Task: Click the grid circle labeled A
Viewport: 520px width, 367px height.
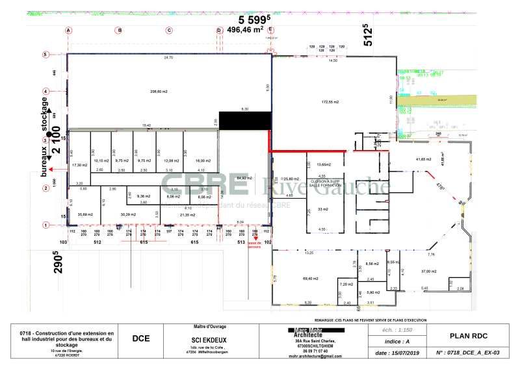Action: (68, 31)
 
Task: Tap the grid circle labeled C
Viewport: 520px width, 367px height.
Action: (168, 31)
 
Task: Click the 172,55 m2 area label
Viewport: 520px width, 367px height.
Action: (331, 103)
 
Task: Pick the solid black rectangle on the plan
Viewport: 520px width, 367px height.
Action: (244, 121)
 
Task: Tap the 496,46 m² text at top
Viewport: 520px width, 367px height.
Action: (245, 29)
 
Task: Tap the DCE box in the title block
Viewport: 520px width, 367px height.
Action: (141, 338)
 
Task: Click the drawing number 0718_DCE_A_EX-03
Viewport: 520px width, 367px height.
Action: (467, 353)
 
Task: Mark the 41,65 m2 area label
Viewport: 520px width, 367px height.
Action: (424, 159)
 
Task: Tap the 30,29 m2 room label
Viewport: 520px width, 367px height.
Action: (127, 214)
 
